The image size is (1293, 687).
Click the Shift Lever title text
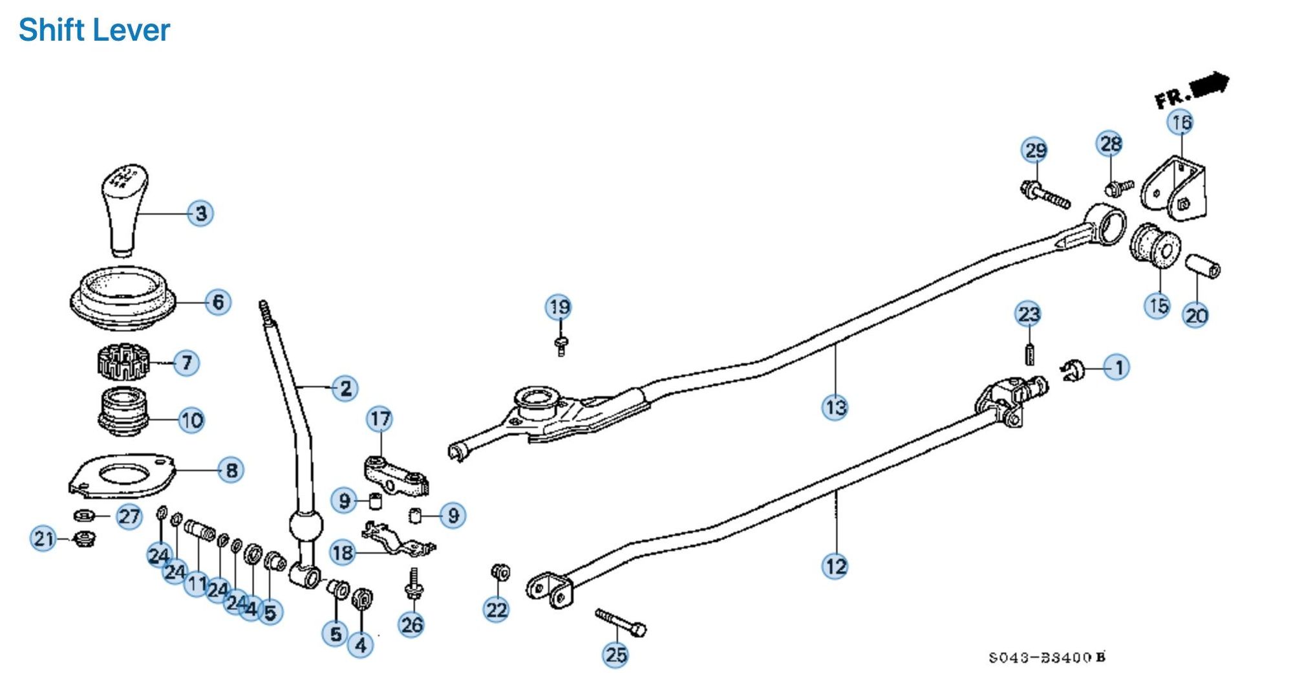click(x=94, y=30)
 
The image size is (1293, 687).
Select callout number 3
click(x=200, y=213)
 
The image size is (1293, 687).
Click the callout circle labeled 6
click(x=218, y=301)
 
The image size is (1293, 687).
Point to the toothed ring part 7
click(x=123, y=363)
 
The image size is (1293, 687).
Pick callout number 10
click(x=191, y=420)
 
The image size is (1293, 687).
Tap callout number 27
click(x=129, y=516)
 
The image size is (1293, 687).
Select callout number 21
click(x=44, y=538)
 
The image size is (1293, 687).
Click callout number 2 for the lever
click(x=345, y=388)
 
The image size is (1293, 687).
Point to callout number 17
click(x=380, y=419)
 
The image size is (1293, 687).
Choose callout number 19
click(x=559, y=307)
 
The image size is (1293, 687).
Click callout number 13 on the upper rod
click(x=835, y=408)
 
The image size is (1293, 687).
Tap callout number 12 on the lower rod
click(x=835, y=567)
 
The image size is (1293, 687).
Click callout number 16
click(x=1181, y=122)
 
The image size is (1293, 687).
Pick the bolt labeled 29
click(x=1045, y=195)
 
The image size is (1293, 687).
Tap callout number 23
click(x=1029, y=315)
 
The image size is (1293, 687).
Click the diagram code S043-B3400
click(x=1047, y=658)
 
